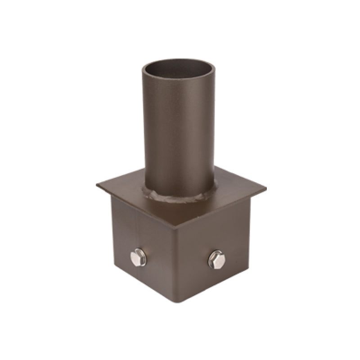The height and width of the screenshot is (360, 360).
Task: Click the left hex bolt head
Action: pos(137,258)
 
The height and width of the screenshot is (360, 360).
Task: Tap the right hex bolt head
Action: pos(216,260)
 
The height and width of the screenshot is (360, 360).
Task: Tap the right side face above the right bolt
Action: pos(216,229)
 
